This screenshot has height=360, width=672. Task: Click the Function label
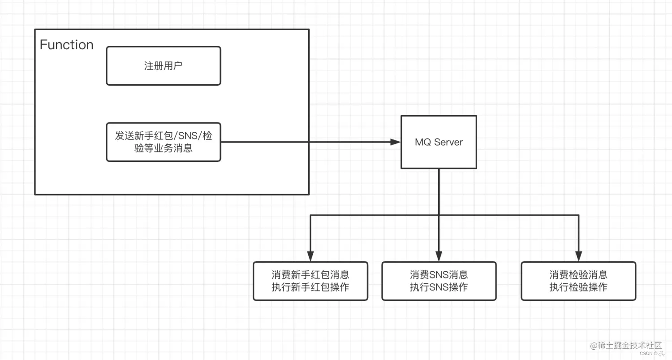coord(66,45)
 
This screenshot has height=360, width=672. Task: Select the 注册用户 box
coord(163,66)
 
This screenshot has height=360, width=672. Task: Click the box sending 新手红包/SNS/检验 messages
coord(163,142)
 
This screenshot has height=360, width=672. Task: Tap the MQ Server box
coord(439,142)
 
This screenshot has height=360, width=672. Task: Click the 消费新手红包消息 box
coord(310,281)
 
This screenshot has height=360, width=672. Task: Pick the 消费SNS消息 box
coord(439,281)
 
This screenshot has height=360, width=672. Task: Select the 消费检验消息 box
coord(578,281)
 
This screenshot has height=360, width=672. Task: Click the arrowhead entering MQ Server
coord(395,142)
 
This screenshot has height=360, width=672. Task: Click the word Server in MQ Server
coord(448,142)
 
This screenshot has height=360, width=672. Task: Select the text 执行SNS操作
coord(439,287)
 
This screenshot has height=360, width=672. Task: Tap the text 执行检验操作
coord(578,287)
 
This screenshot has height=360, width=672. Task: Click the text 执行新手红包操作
coord(310,287)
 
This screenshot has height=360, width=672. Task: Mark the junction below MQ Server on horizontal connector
coord(439,216)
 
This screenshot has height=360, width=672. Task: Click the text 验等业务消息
coord(163,148)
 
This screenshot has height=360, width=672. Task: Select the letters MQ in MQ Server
coord(423,142)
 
